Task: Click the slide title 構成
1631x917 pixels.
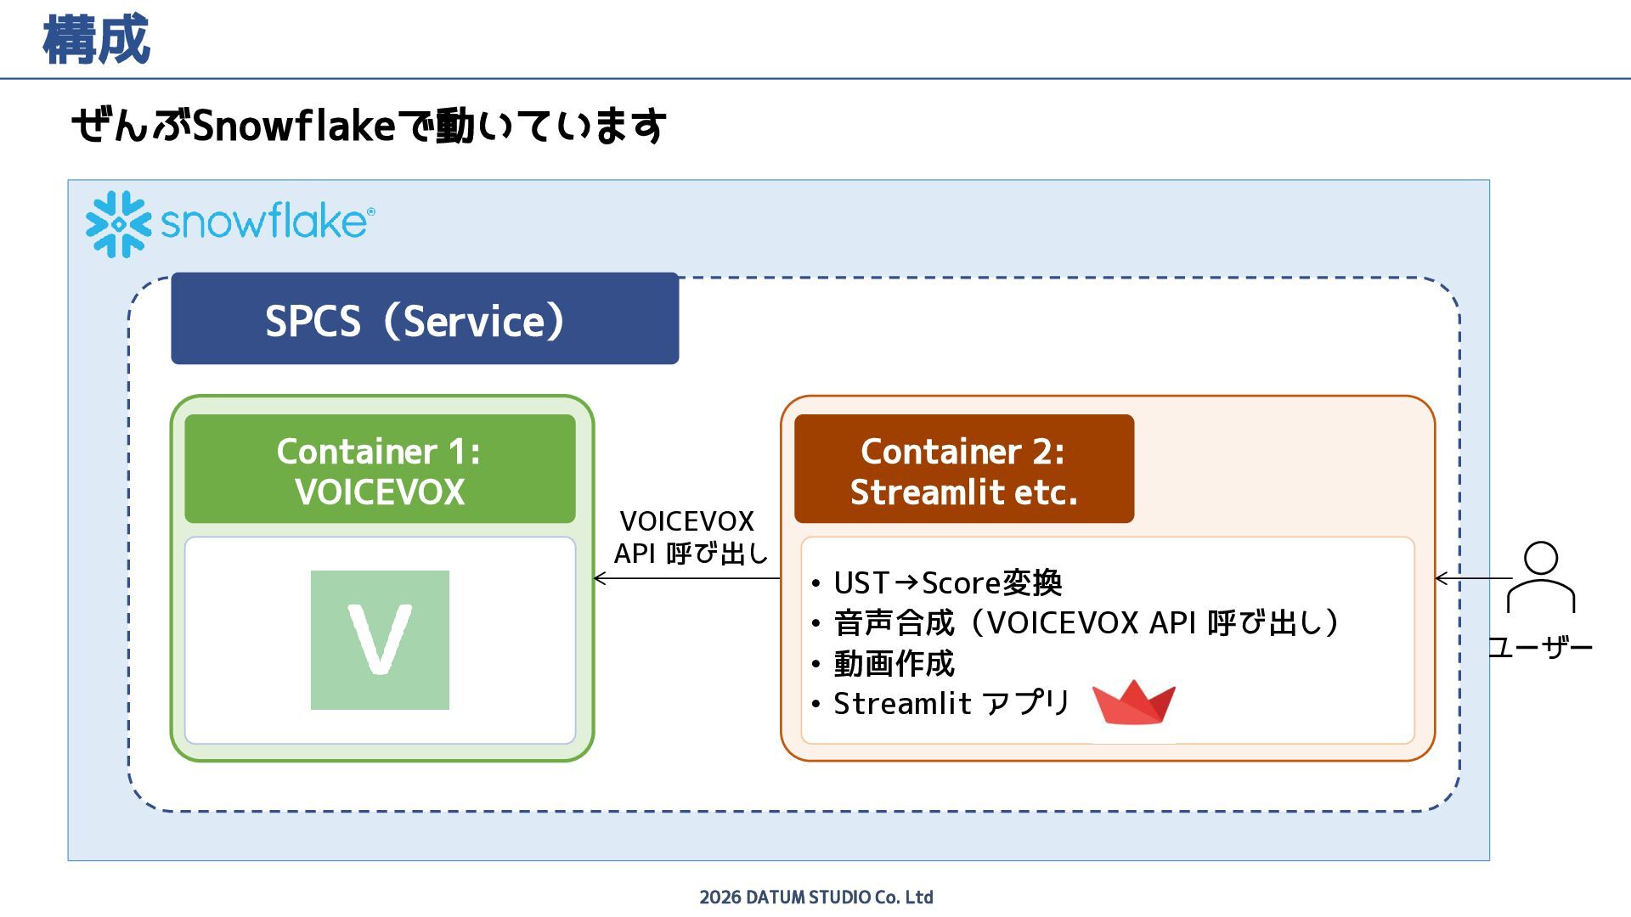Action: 96,40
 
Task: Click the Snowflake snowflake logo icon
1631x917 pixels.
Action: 118,223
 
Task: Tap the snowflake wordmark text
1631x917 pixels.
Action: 266,222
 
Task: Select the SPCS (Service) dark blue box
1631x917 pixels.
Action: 425,319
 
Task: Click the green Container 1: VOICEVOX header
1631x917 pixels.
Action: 380,470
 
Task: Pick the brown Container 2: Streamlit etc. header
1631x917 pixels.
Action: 963,470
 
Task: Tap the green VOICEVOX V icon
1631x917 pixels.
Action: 380,639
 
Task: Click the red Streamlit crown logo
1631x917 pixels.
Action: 1133,702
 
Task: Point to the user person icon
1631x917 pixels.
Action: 1541,577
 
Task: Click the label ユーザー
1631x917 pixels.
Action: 1539,648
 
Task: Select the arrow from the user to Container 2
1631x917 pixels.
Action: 1473,578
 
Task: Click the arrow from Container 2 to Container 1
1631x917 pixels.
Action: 686,578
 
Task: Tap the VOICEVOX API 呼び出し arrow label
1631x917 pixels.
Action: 690,537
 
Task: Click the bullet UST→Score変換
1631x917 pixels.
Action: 947,583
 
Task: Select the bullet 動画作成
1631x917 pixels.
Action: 894,663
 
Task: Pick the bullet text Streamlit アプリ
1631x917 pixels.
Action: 951,703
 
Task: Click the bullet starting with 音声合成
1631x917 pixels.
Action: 1086,623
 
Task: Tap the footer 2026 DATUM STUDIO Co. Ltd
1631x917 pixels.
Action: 815,897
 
